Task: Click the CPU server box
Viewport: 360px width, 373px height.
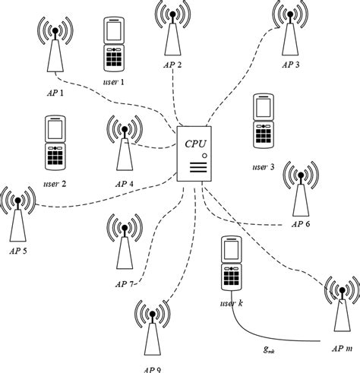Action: click(194, 154)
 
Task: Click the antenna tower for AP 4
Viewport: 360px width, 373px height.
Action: click(123, 144)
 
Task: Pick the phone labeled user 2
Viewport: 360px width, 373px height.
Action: click(55, 144)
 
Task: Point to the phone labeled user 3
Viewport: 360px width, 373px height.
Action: click(263, 122)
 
